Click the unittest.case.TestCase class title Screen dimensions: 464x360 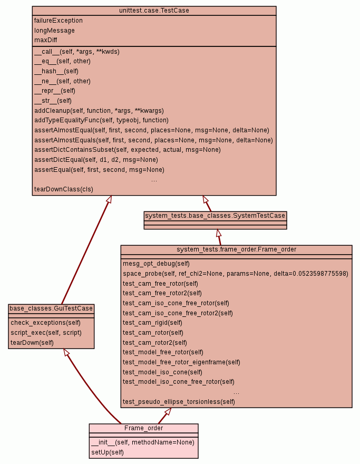pyautogui.click(x=154, y=10)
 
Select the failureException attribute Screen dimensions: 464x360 pyautogui.click(x=59, y=21)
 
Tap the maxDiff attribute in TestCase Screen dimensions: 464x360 pyautogui.click(x=46, y=40)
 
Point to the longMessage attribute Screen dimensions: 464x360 pyautogui.click(x=54, y=31)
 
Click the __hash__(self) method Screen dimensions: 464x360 pyautogui.click(x=56, y=71)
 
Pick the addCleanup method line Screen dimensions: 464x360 pyautogui.click(x=99, y=111)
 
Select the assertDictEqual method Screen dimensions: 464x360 pyautogui.click(x=96, y=160)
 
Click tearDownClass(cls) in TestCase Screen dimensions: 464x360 pyautogui.click(x=64, y=189)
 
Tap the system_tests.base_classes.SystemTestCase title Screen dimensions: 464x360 pyautogui.click(x=215, y=216)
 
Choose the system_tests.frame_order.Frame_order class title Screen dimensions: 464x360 pyautogui.click(x=236, y=249)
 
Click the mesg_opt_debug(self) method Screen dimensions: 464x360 pyautogui.click(x=156, y=264)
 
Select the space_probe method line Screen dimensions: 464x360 pyautogui.click(x=235, y=274)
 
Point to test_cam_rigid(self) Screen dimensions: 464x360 pyautogui.click(x=152, y=323)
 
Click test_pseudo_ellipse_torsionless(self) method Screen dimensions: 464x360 pyautogui.click(x=179, y=402)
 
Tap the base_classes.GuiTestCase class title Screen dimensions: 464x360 pyautogui.click(x=51, y=308)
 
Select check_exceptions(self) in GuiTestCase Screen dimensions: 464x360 pyautogui.click(x=46, y=323)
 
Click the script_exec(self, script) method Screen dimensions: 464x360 pyautogui.click(x=46, y=333)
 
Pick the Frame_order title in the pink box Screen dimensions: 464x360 pyautogui.click(x=143, y=428)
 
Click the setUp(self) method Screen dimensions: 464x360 pyautogui.click(x=108, y=452)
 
